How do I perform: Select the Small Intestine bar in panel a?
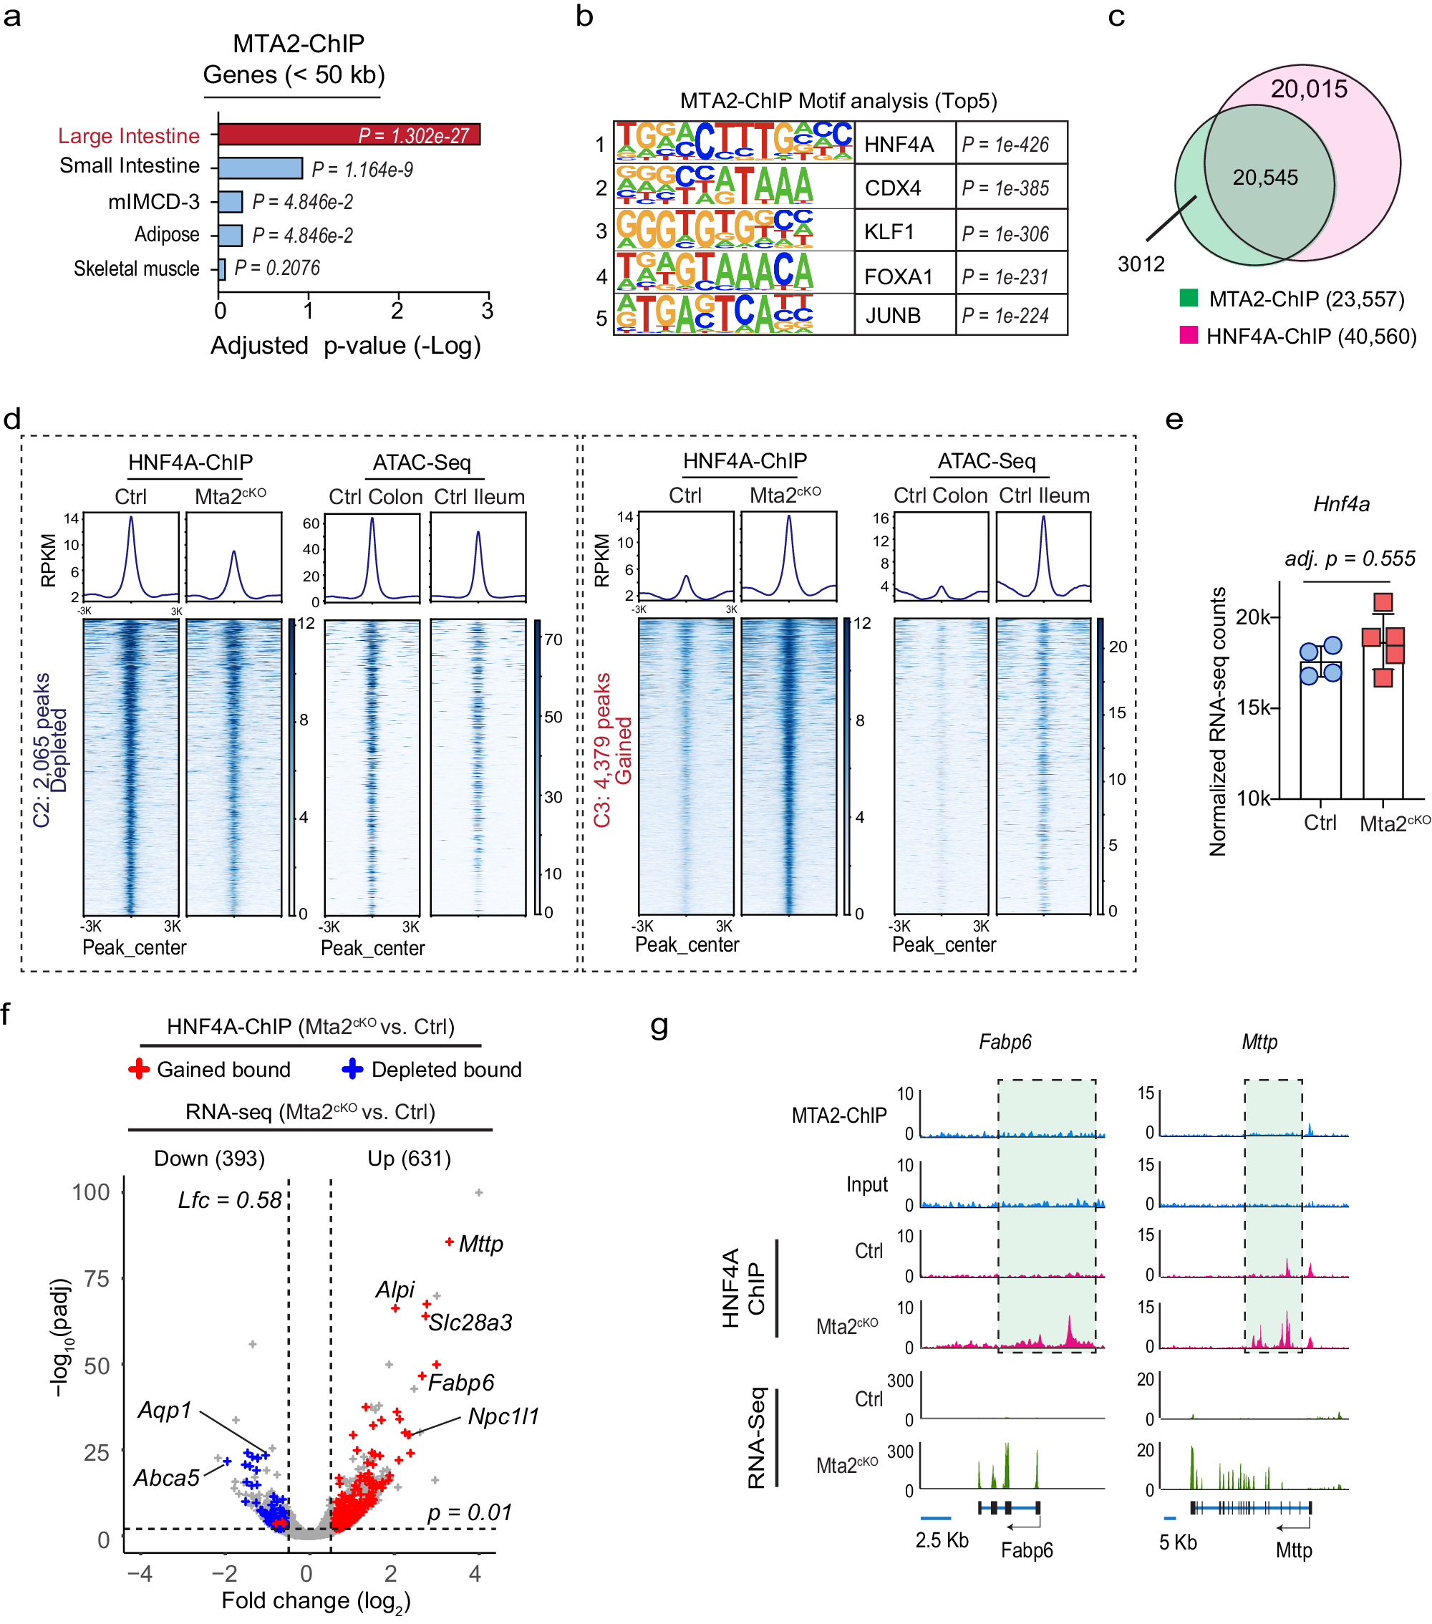tap(260, 168)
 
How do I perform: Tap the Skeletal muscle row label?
tap(136, 269)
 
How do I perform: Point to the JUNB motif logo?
tap(715, 314)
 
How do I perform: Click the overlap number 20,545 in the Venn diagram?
tap(1264, 177)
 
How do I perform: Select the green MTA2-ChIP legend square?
tap(1188, 299)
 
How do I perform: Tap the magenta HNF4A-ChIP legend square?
tap(1188, 335)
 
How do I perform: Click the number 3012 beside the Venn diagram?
tap(1141, 264)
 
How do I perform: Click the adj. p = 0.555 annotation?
tap(1350, 559)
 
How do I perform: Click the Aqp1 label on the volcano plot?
tap(165, 1411)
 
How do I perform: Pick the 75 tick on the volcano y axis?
tap(96, 1278)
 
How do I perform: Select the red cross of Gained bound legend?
tap(139, 1070)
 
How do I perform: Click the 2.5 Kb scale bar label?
tap(942, 1540)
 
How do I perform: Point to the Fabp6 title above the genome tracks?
tap(1005, 1042)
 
